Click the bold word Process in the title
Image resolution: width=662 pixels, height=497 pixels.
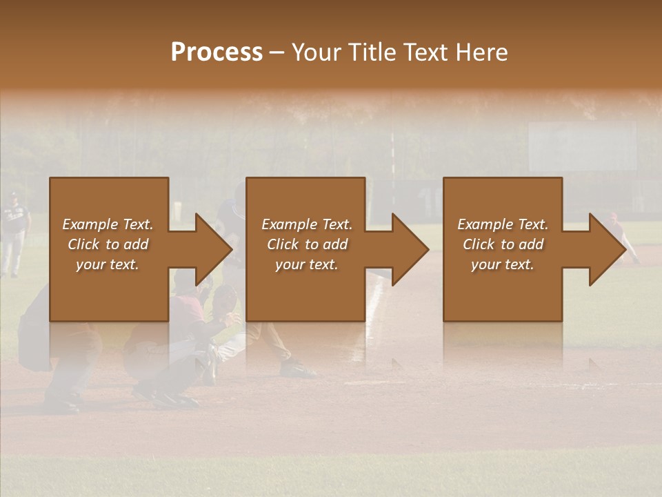coord(217,52)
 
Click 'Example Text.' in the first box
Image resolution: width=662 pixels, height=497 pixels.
coord(108,224)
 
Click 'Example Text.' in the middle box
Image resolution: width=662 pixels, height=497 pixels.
coord(306,224)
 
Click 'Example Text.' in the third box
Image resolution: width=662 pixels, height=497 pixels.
coord(503,224)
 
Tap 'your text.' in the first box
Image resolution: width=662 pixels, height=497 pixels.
coord(108,264)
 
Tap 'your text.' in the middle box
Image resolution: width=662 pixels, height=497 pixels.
coord(306,264)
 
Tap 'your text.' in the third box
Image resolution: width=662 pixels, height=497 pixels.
coord(503,264)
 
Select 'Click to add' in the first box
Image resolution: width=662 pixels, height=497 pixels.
coord(108,244)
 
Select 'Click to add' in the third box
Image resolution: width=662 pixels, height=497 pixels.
coord(503,244)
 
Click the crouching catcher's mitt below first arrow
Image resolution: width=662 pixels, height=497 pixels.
coord(224,300)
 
